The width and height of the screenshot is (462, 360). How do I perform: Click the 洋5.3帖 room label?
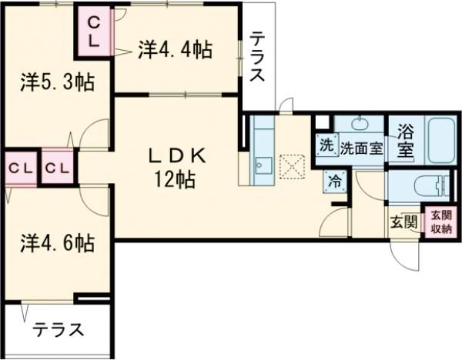(x=57, y=82)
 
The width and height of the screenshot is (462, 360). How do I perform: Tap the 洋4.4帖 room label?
(x=176, y=50)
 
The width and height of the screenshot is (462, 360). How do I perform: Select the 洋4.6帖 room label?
(x=57, y=243)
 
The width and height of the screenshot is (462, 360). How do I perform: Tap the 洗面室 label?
(x=362, y=148)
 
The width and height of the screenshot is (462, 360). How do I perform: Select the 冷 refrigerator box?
(x=334, y=182)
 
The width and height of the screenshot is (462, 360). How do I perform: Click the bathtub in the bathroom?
(x=440, y=140)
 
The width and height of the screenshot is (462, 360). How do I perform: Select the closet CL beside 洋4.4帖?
(x=93, y=34)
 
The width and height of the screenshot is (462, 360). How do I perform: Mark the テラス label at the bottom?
(x=58, y=331)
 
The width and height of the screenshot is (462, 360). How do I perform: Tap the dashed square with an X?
(x=292, y=166)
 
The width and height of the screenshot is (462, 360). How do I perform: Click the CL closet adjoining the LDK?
(x=58, y=165)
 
